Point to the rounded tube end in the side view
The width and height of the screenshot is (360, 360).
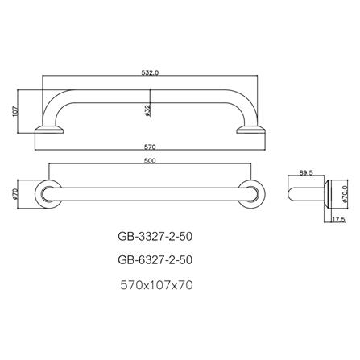point(293,194)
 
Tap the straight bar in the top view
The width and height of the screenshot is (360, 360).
point(151,194)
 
